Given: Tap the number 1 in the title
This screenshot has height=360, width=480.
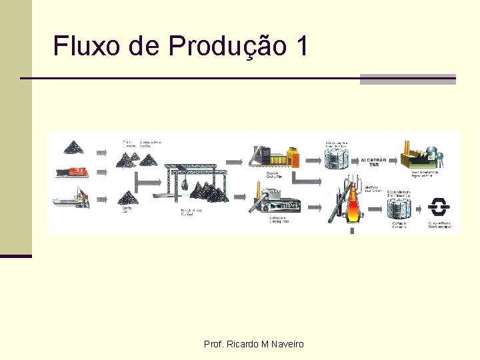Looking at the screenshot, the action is coord(301,46).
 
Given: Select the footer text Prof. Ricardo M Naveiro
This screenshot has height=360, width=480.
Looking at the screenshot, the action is coord(253,344).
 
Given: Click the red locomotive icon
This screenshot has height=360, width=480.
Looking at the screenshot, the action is coord(73,171).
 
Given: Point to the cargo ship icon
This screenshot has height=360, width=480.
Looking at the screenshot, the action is coord(73,197).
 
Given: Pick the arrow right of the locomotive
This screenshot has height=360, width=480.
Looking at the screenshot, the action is coord(102,172).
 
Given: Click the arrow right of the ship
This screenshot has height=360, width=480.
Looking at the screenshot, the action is coord(102,198).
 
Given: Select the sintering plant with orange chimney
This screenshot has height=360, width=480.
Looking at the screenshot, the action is coord(275,199).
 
